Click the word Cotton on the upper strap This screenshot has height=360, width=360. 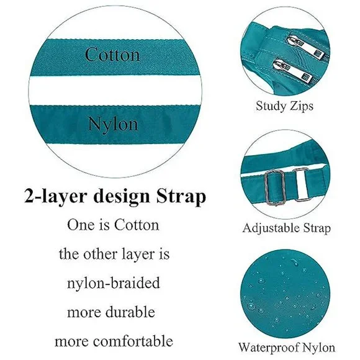pyautogui.click(x=112, y=54)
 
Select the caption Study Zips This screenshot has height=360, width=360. pyautogui.click(x=284, y=106)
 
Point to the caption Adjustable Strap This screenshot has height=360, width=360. pyautogui.click(x=287, y=228)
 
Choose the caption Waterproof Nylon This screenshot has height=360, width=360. pyautogui.click(x=287, y=348)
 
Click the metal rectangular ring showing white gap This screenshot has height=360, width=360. pyautogui.click(x=302, y=184)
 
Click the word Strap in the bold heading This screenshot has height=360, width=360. pyautogui.click(x=181, y=196)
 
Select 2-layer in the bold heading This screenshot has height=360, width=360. pyautogui.click(x=56, y=197)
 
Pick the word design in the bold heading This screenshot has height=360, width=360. pyautogui.click(x=122, y=197)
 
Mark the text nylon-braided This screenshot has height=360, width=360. pyautogui.click(x=114, y=282)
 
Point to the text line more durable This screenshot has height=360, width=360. pyautogui.click(x=111, y=312)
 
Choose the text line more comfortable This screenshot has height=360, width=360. pyautogui.click(x=114, y=341)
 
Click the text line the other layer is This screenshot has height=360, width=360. pyautogui.click(x=114, y=254)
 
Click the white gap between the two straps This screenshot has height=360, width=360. pyautogui.click(x=115, y=90)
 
